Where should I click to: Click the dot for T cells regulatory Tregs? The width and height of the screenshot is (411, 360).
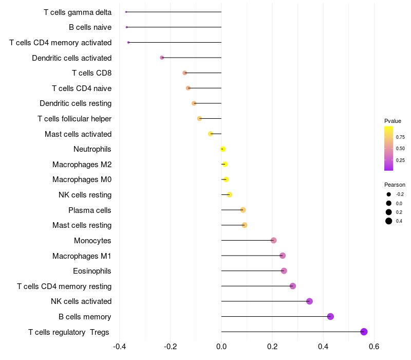[364, 332]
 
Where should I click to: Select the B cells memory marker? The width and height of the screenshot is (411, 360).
[330, 316]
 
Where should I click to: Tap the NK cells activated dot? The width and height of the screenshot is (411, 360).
[309, 301]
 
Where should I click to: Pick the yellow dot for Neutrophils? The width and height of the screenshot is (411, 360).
[223, 149]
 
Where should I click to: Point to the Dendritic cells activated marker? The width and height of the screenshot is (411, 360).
[162, 58]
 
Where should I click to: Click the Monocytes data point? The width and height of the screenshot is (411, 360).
[273, 240]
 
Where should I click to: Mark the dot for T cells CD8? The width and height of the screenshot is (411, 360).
[185, 73]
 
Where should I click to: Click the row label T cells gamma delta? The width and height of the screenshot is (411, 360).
[78, 12]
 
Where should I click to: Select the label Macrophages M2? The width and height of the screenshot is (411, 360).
[82, 165]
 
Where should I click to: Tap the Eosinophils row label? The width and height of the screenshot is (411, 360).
[92, 271]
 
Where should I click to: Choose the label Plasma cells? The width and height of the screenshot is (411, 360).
[90, 210]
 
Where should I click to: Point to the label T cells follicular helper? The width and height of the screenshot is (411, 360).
[74, 119]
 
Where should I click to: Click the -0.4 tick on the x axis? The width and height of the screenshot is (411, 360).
[119, 346]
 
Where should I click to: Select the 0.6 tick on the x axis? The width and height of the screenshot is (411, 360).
[374, 346]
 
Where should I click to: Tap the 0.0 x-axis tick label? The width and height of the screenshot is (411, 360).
[221, 346]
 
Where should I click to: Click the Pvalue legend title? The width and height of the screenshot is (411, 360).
[393, 121]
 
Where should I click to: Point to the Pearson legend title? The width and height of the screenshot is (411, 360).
[395, 185]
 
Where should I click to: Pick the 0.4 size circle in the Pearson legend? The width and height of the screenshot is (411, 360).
[389, 221]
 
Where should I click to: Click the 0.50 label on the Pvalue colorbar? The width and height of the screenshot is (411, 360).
[400, 149]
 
